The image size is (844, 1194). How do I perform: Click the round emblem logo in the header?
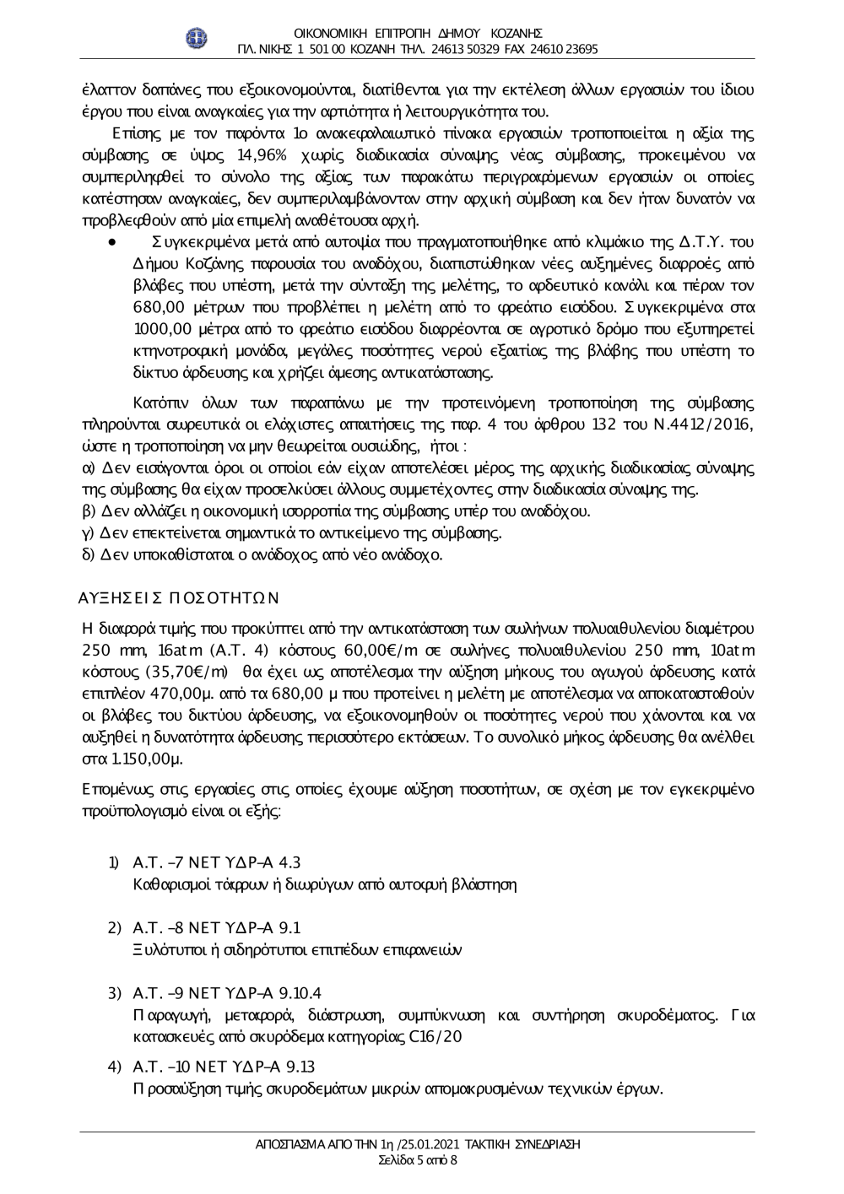196,37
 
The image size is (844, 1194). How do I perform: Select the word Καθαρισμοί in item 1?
173,884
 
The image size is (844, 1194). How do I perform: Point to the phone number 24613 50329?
461,49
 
